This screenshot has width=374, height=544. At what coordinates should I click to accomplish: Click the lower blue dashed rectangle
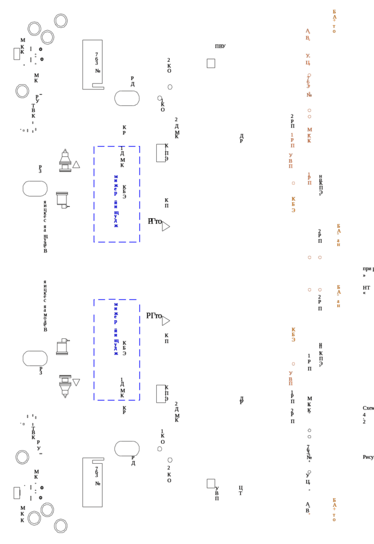96,349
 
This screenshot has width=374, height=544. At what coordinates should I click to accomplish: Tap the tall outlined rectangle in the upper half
93,64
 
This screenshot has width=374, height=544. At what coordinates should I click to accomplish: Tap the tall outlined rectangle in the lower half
93,482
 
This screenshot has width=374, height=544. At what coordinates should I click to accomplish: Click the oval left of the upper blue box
35,188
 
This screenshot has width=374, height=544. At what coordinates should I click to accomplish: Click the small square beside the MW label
211,62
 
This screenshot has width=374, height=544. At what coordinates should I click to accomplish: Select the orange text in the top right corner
334,21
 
